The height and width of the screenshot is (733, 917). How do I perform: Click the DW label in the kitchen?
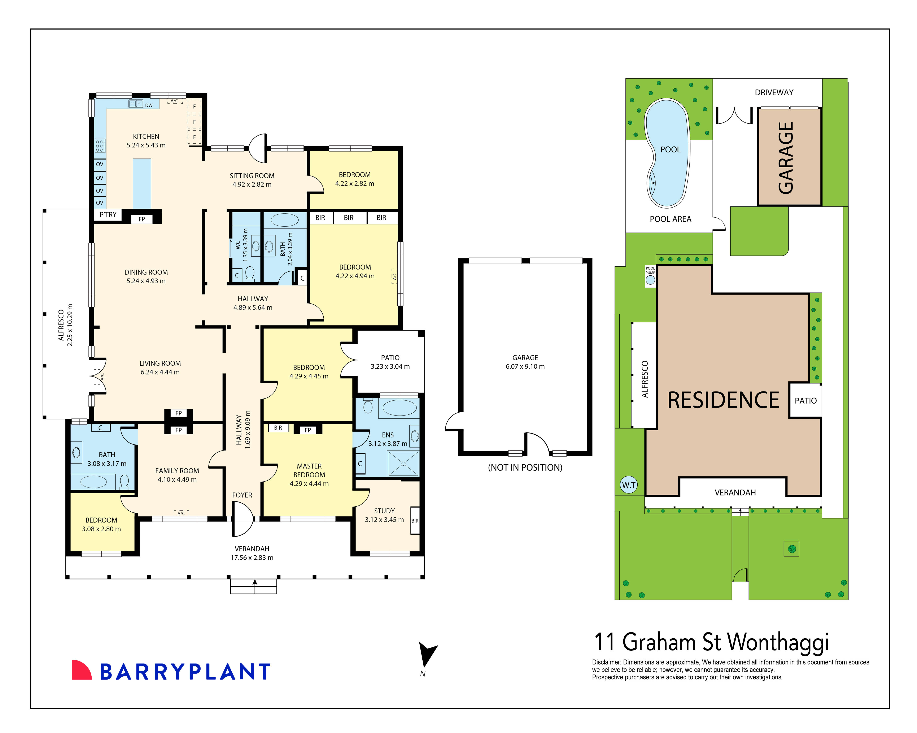point(149,105)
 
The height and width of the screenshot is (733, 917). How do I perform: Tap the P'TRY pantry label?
point(108,215)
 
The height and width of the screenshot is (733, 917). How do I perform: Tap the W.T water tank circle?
point(629,485)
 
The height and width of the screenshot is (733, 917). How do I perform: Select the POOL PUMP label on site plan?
point(650,270)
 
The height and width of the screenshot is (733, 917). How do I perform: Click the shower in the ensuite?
point(403,464)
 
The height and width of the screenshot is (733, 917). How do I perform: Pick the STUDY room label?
point(384,511)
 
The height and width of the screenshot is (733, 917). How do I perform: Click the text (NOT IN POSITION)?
point(525,467)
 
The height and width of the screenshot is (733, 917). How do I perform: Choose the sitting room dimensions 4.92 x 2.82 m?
point(252,185)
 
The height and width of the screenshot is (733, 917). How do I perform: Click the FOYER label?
point(242,495)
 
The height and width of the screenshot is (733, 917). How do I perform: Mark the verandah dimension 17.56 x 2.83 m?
point(252,557)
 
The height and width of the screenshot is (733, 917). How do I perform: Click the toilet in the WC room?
point(250,273)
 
